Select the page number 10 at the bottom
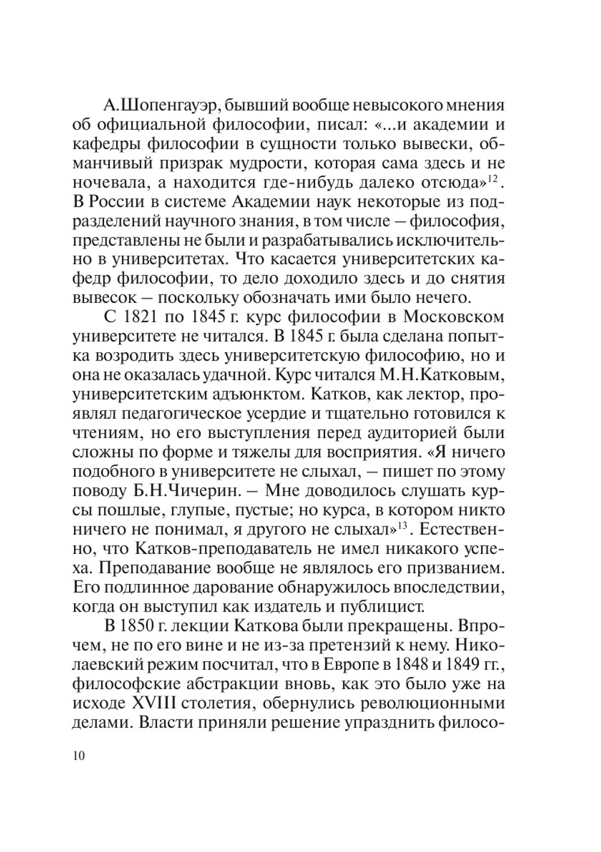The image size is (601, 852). click(x=79, y=755)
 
